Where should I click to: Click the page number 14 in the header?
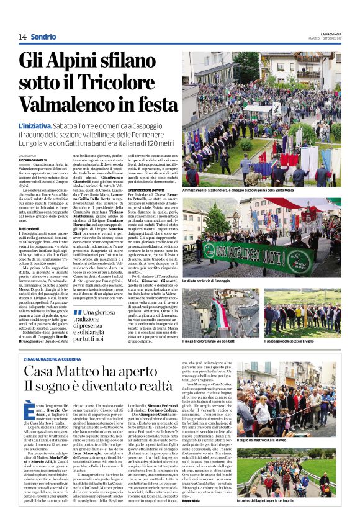coord(22,37)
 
